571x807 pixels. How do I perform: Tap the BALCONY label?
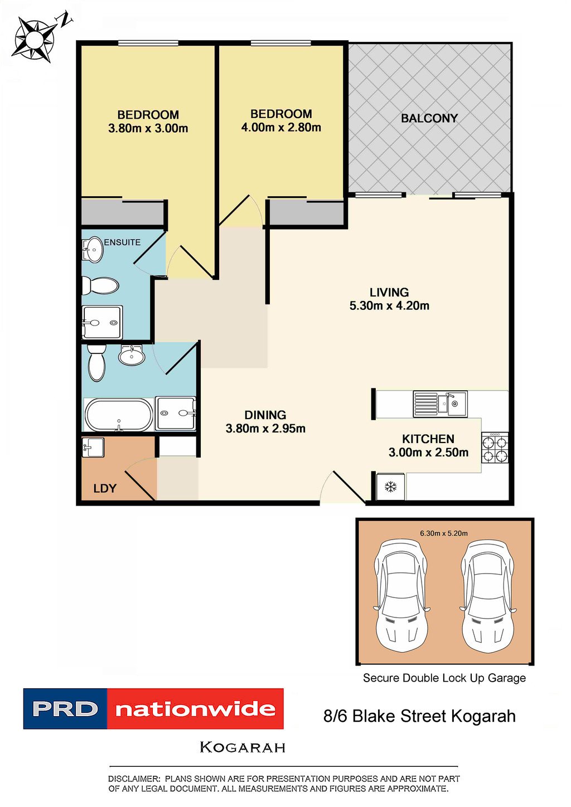(x=429, y=118)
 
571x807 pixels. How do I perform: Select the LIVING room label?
(x=389, y=292)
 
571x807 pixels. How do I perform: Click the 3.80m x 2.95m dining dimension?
(x=265, y=429)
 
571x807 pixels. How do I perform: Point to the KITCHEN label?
(x=428, y=439)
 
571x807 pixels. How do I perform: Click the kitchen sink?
(x=440, y=404)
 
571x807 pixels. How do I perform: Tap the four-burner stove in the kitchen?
(x=495, y=448)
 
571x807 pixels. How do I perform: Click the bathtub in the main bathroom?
(x=118, y=415)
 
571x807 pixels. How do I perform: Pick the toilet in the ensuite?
(x=101, y=286)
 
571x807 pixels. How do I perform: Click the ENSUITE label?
(x=122, y=242)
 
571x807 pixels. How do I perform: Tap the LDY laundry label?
(x=105, y=489)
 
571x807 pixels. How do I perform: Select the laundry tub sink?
(x=93, y=447)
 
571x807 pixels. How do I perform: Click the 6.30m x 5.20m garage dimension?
(x=444, y=533)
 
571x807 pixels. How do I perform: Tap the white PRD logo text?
(x=65, y=709)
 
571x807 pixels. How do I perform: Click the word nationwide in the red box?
(x=195, y=709)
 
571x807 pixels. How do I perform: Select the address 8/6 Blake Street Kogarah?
(x=419, y=716)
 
